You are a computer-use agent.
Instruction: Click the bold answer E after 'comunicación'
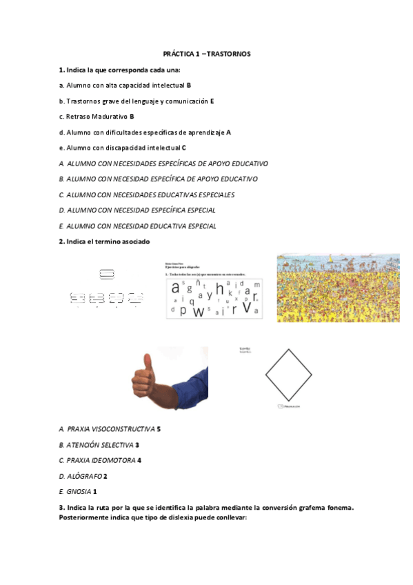click(212, 101)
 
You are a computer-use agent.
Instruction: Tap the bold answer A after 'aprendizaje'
click(229, 132)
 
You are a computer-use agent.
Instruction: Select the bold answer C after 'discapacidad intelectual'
click(184, 148)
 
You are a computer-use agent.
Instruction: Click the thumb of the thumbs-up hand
click(148, 363)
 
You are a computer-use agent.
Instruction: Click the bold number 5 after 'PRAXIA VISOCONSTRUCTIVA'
click(159, 429)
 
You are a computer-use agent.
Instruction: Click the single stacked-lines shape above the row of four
click(107, 275)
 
